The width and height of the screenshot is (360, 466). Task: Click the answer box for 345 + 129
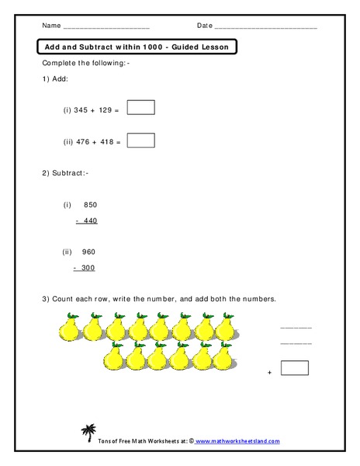pos(140,107)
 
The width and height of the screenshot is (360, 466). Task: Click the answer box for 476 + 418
pos(140,140)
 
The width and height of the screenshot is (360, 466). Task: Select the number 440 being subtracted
pos(90,221)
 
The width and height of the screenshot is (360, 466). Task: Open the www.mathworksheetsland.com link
pos(237,441)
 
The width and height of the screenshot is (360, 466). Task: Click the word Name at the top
pos(51,25)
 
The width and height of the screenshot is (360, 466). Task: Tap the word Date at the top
pos(204,25)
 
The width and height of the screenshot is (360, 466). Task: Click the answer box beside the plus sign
pos(295,368)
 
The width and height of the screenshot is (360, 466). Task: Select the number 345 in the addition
pos(81,110)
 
